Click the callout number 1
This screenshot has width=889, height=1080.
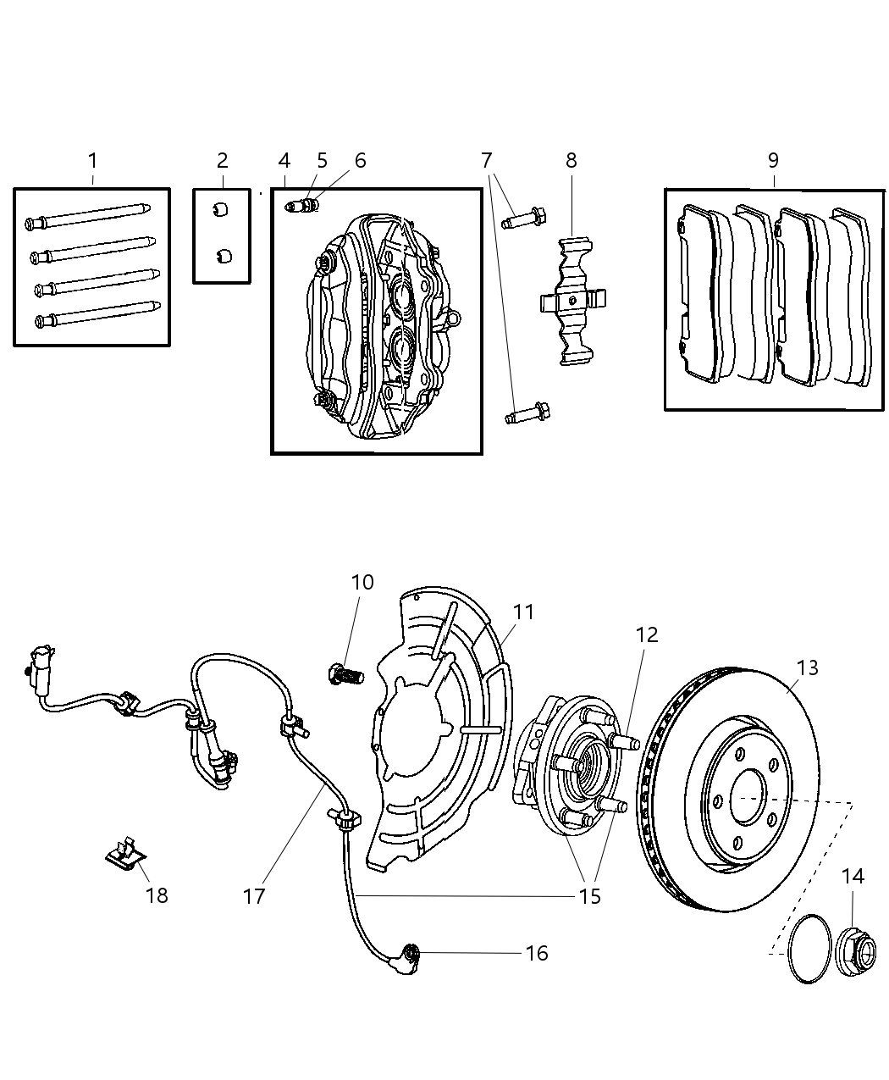coord(92,160)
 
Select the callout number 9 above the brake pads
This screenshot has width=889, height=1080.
coord(773,160)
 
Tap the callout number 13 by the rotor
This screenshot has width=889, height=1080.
coord(808,667)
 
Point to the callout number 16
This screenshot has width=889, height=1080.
coord(537,953)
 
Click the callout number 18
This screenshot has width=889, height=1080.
coord(157,894)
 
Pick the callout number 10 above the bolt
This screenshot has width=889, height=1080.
coord(362,583)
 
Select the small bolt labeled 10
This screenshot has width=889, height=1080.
coord(343,675)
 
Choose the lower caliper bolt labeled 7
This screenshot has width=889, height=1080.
coord(527,415)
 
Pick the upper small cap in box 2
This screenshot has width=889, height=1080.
coord(222,210)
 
